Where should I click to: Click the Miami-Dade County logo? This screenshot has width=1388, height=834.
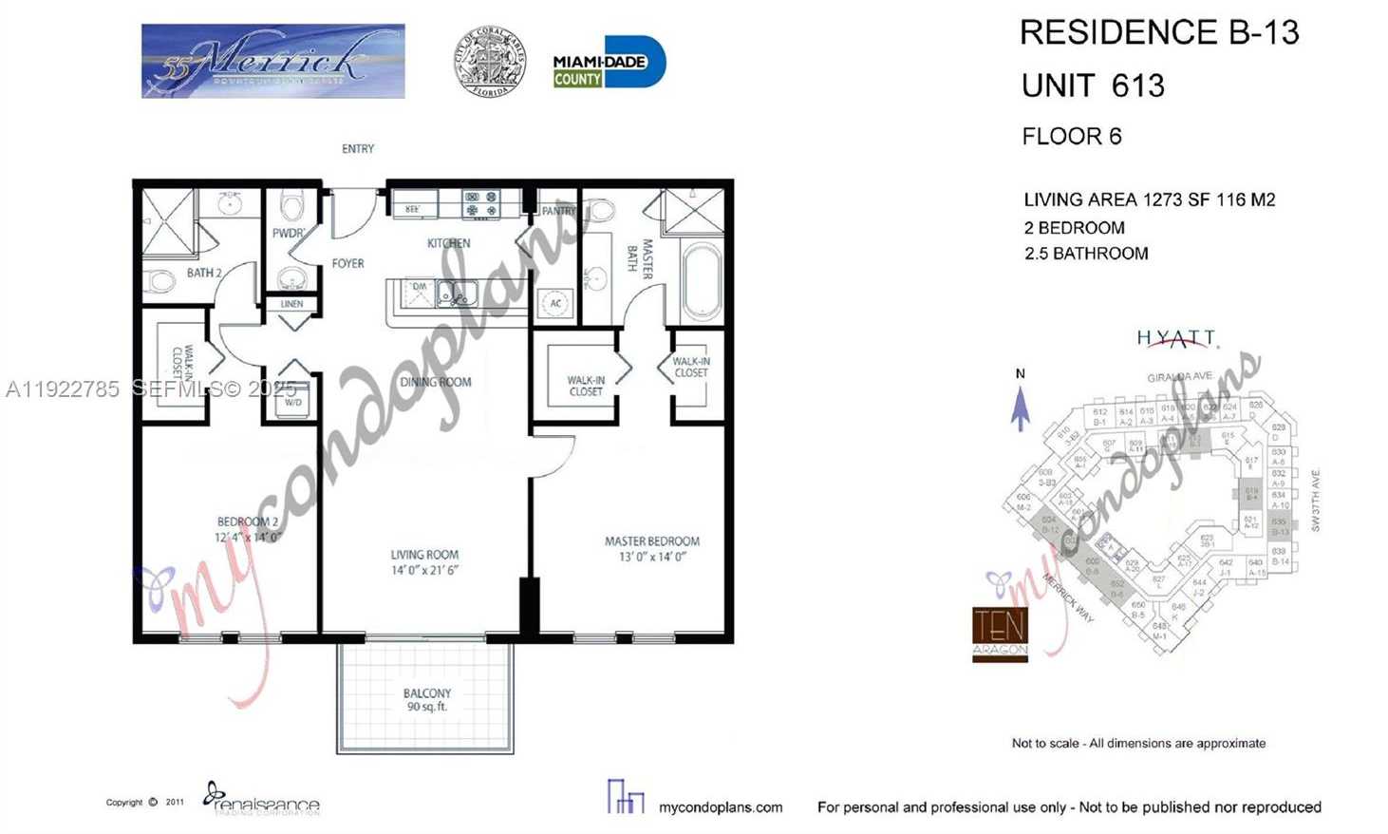point(609,64)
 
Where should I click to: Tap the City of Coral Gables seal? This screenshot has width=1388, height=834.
point(490,62)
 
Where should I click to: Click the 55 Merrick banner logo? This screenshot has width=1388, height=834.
point(273,62)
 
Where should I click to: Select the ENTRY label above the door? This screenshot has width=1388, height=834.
point(358,149)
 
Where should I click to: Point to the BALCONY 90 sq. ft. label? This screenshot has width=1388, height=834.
point(426,700)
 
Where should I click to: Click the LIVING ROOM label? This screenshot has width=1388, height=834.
point(424,562)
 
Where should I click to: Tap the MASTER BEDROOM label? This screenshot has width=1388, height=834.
point(652,549)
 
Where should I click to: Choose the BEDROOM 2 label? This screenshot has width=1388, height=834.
point(248,529)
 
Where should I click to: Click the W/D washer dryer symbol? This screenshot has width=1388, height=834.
point(292,401)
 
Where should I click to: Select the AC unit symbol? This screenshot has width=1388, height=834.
point(555,304)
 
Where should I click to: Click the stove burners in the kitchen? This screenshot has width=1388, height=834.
point(481,204)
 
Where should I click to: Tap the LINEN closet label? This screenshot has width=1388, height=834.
point(292,304)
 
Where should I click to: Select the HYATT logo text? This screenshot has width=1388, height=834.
point(1176,338)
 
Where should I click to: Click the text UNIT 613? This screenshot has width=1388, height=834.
point(1093,85)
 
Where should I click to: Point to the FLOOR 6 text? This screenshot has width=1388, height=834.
point(1072,137)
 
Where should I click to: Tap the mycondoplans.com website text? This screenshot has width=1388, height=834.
point(721,807)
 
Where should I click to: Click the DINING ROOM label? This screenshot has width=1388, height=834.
point(436,382)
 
